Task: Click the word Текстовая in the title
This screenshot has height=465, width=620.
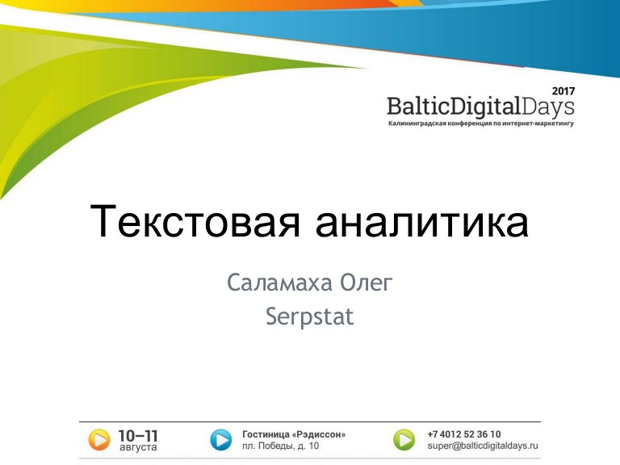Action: click(x=195, y=220)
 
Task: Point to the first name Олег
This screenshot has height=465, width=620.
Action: click(x=367, y=283)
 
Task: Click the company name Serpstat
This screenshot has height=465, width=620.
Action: click(x=310, y=317)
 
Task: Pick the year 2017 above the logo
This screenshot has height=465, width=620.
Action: click(x=563, y=91)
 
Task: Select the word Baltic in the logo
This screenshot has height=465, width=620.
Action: click(x=418, y=106)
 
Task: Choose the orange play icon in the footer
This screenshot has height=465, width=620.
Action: click(x=98, y=440)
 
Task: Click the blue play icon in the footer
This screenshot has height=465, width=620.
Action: click(x=220, y=440)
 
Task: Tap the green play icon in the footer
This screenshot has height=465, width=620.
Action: click(x=404, y=440)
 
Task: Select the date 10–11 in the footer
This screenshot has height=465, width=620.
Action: click(x=138, y=436)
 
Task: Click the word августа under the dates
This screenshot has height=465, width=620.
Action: click(x=138, y=447)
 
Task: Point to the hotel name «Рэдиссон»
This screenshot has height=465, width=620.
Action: click(x=319, y=434)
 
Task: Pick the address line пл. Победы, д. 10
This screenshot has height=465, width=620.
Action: click(x=280, y=446)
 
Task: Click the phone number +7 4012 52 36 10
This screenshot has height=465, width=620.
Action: click(x=464, y=434)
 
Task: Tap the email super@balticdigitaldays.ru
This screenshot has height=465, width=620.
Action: click(x=483, y=446)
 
